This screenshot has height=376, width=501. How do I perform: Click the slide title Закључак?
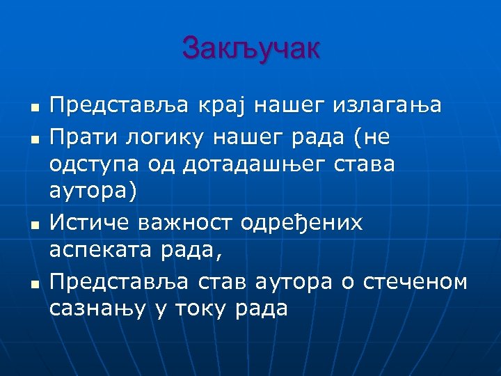[251, 49]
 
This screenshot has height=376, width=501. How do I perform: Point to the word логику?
[153, 139]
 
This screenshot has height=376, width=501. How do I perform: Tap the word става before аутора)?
[366, 166]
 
